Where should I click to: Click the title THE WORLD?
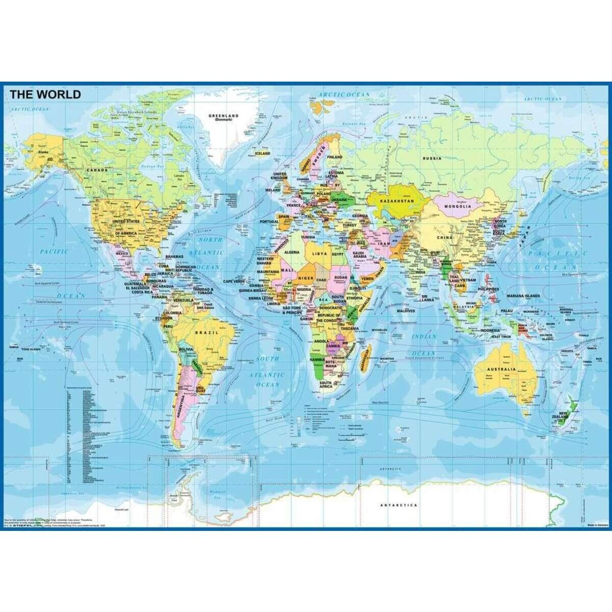pyautogui.click(x=45, y=94)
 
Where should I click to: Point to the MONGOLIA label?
pyautogui.click(x=457, y=206)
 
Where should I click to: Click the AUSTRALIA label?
pyautogui.click(x=501, y=369)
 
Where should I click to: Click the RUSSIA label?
pyautogui.click(x=432, y=158)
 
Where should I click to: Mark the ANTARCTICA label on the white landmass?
pyautogui.click(x=398, y=505)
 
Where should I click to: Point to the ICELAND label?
pyautogui.click(x=262, y=153)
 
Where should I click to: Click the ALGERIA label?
pyautogui.click(x=291, y=252)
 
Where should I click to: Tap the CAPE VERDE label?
pyautogui.click(x=234, y=281)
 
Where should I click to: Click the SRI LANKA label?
pyautogui.click(x=427, y=298)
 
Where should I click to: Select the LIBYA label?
pyautogui.click(x=319, y=253)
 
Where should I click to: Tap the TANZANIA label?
pyautogui.click(x=350, y=328)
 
